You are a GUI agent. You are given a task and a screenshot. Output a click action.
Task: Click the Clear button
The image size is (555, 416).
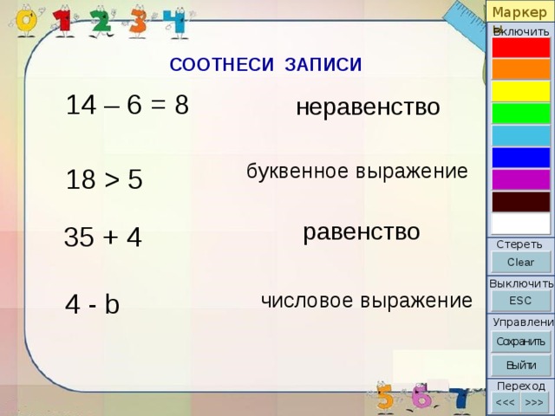(x=521, y=262)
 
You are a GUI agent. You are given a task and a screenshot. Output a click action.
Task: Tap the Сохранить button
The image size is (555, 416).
(x=520, y=341)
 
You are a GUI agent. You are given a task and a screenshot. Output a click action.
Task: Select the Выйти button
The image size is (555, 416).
(x=520, y=365)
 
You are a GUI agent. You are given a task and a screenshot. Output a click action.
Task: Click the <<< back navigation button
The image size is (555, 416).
(x=505, y=402)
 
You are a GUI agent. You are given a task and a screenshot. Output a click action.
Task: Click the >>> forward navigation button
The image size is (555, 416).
(x=534, y=402)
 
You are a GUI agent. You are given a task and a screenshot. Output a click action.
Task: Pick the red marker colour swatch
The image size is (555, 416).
(x=521, y=48)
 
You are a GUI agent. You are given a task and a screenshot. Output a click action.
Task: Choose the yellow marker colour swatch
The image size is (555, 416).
(x=521, y=91)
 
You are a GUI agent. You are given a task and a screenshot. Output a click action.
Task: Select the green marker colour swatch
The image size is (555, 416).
(x=521, y=114)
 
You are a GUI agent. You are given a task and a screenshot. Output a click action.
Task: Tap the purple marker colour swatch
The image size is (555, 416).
(x=521, y=179)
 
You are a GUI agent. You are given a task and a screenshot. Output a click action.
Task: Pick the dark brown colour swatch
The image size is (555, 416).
(x=521, y=202)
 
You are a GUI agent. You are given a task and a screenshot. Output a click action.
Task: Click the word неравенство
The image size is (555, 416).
(x=368, y=107)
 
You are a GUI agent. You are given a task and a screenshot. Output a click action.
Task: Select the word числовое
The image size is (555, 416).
(x=307, y=301)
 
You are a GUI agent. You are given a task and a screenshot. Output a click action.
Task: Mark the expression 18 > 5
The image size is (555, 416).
(x=104, y=179)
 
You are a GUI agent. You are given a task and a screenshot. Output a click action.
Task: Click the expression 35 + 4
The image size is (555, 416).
(x=103, y=237)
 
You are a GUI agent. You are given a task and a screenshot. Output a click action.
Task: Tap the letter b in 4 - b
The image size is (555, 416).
(x=112, y=303)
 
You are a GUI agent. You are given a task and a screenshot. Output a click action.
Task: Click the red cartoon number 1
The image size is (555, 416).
(x=63, y=21)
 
